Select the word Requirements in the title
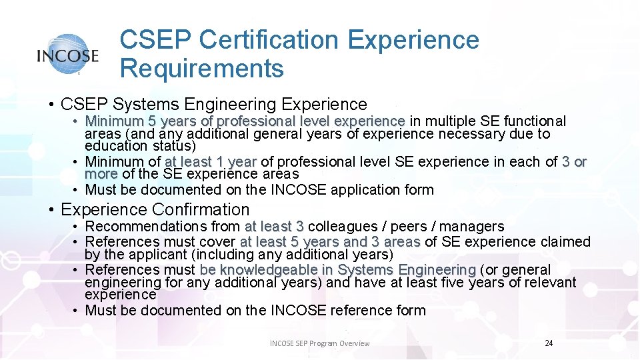(x=202, y=68)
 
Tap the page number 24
(x=549, y=343)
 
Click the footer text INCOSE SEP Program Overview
(x=319, y=343)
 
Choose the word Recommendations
(x=146, y=227)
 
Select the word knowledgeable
(x=276, y=270)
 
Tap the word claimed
(x=566, y=241)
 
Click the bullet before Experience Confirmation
(x=51, y=210)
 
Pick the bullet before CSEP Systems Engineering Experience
(x=51, y=105)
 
